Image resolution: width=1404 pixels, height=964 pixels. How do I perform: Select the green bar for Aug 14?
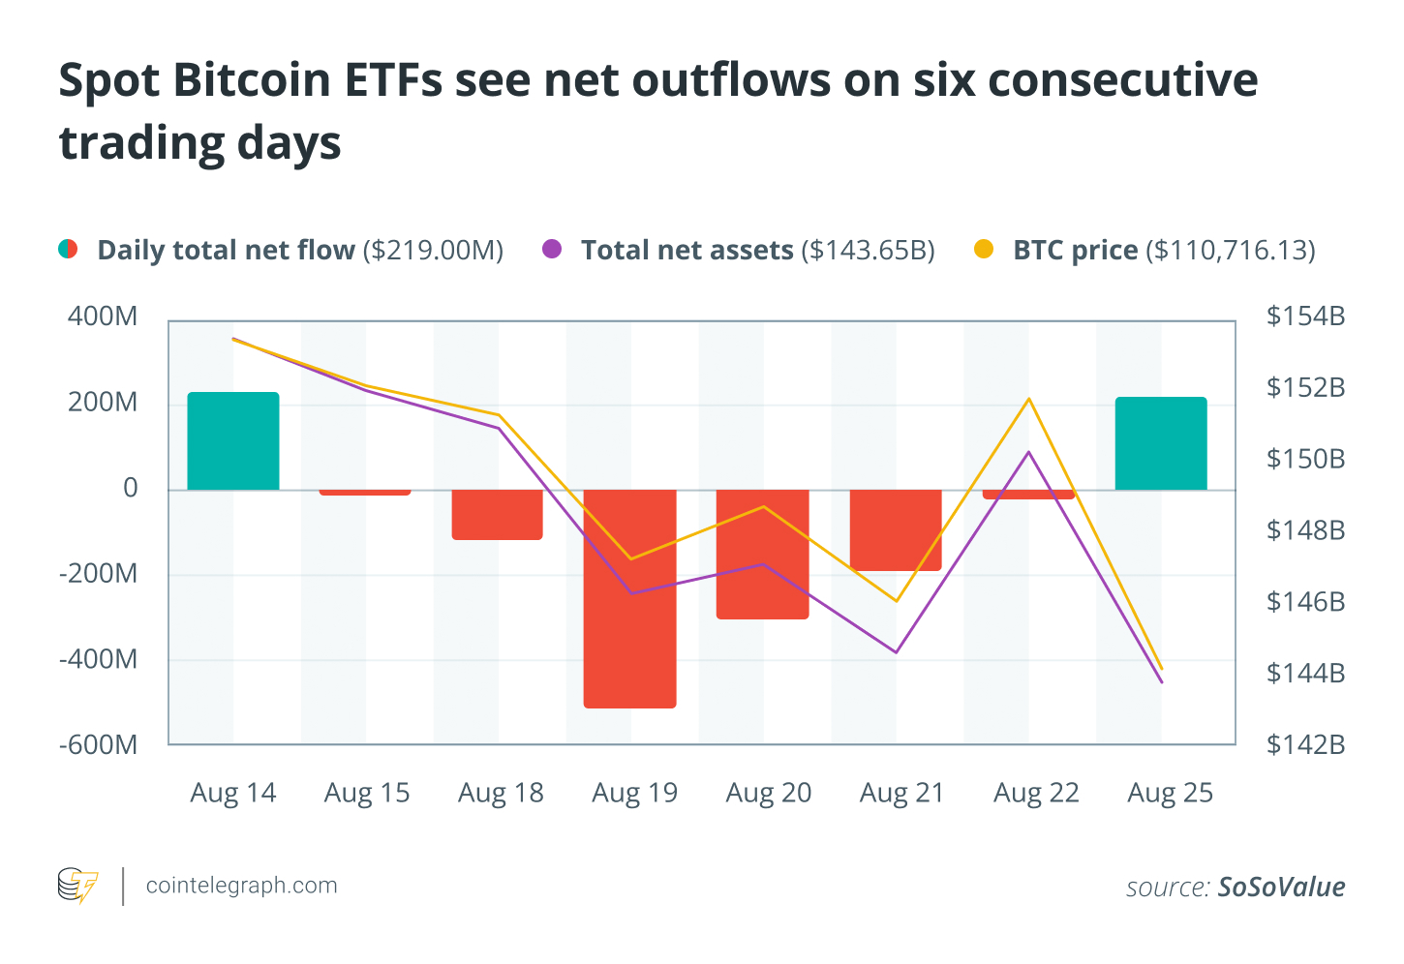232,440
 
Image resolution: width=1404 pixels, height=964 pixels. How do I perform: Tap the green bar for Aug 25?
1160,443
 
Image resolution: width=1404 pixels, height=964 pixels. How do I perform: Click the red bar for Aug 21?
896,530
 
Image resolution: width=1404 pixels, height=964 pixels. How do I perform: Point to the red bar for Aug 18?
497,514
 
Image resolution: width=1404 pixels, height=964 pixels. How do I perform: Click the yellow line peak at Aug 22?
1029,399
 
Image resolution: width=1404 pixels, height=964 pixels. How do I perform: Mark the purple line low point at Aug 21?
896,652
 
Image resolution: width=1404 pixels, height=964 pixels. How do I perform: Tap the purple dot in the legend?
552,250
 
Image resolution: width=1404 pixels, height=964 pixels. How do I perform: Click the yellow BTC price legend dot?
984,250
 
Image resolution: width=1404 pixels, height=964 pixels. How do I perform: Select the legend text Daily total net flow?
226,250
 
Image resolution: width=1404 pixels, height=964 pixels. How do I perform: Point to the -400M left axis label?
98,659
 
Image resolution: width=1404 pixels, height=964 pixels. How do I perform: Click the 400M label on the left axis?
102,316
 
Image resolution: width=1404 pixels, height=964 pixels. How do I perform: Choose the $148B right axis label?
1305,530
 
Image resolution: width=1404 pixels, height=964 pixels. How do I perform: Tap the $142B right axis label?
1305,744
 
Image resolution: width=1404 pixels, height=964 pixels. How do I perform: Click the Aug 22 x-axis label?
1035,793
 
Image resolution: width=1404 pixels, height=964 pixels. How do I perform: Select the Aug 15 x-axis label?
366,793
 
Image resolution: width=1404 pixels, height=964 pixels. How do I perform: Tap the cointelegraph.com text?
241,886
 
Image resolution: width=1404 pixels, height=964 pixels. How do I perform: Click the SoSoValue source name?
1281,887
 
